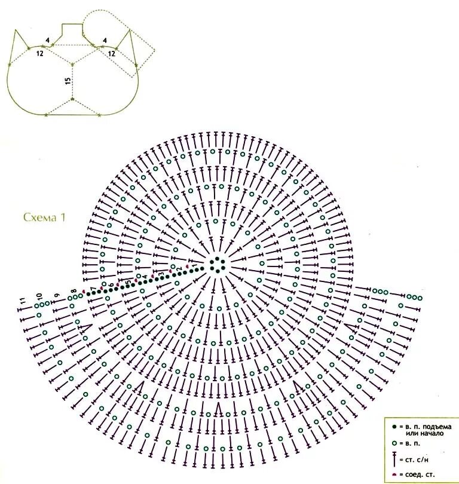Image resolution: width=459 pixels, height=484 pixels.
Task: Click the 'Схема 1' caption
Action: pos(44,217)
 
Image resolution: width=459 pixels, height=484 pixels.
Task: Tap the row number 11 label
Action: pos(23,302)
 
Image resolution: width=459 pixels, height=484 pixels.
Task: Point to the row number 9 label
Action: pos(57,295)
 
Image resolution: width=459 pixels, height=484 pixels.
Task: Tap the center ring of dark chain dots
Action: pos(218,265)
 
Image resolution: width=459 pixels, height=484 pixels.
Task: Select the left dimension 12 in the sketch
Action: pos(39,53)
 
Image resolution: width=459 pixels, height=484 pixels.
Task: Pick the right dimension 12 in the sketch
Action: pos(111,53)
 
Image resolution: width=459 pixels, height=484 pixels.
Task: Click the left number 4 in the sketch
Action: pos(47,41)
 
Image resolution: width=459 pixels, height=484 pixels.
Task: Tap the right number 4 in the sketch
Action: pos(105,41)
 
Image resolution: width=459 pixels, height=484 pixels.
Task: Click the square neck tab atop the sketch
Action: pos(73,30)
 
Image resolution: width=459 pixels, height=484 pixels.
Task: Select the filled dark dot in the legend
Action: pos(394,427)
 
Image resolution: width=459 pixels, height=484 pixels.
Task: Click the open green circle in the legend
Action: pos(394,444)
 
